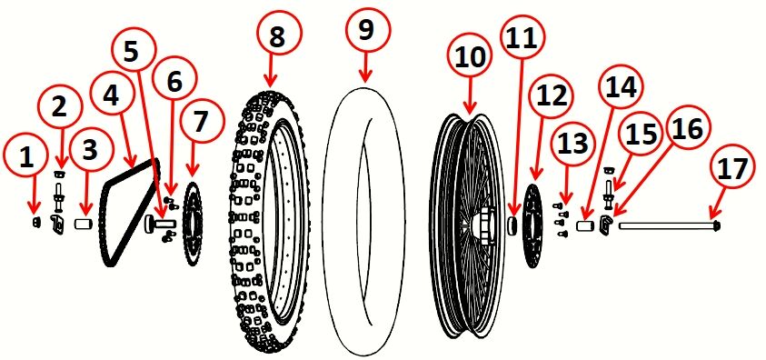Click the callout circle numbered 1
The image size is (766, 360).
tap(26, 156)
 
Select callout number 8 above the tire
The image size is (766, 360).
tap(275, 35)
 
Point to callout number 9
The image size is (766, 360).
tap(365, 29)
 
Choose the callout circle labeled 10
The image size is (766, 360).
tap(471, 57)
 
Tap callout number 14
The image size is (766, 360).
tap(620, 87)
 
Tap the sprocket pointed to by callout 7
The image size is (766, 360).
tap(193, 226)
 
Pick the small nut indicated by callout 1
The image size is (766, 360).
tap(35, 220)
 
